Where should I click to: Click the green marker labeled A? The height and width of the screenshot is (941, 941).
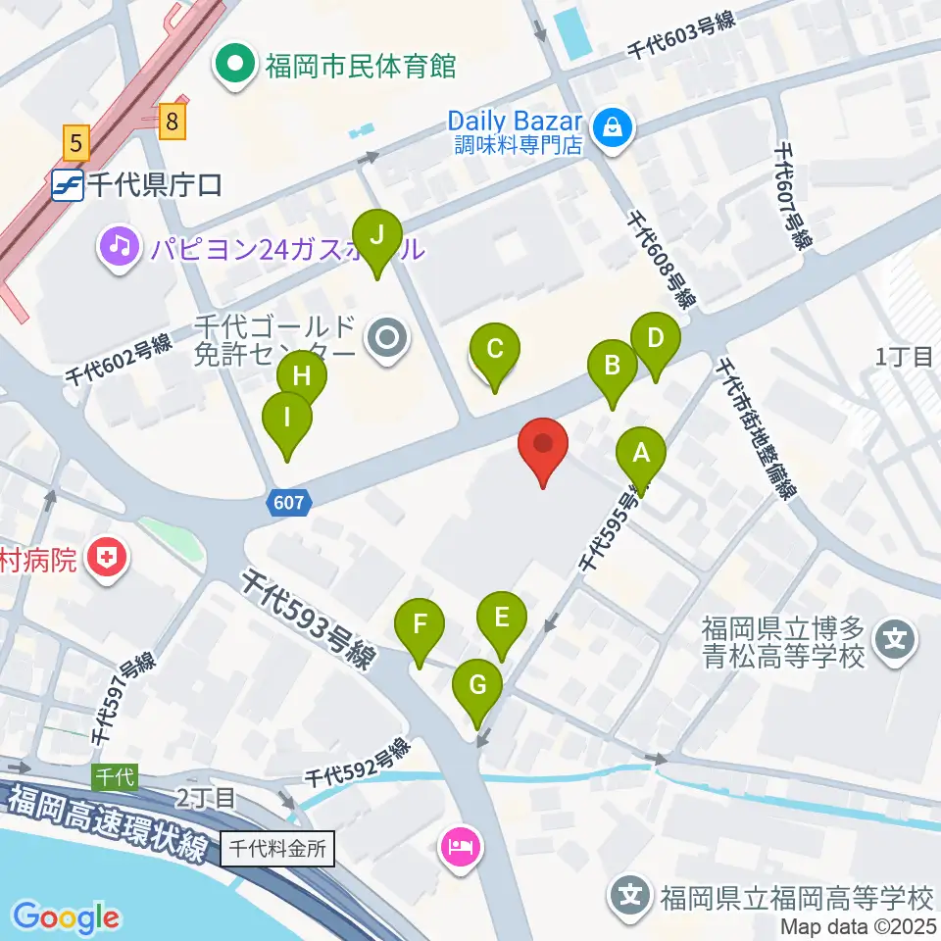(x=641, y=453)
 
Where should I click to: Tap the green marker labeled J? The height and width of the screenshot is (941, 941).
(x=378, y=235)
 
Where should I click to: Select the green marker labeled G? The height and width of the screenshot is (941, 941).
(x=478, y=684)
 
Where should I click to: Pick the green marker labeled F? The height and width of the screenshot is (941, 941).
(x=420, y=623)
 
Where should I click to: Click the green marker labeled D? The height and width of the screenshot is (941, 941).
(x=656, y=339)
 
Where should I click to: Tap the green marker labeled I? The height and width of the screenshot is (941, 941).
(x=287, y=418)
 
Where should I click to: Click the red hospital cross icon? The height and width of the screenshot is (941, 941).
(x=107, y=560)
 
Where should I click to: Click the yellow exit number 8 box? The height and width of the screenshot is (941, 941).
(x=173, y=122)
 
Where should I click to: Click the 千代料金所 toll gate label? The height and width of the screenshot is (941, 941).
(x=278, y=848)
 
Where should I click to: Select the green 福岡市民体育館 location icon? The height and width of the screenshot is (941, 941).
(x=235, y=67)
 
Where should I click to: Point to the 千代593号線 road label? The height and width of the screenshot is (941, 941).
(x=308, y=621)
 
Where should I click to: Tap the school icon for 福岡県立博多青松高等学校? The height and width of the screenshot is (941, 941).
(x=896, y=642)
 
